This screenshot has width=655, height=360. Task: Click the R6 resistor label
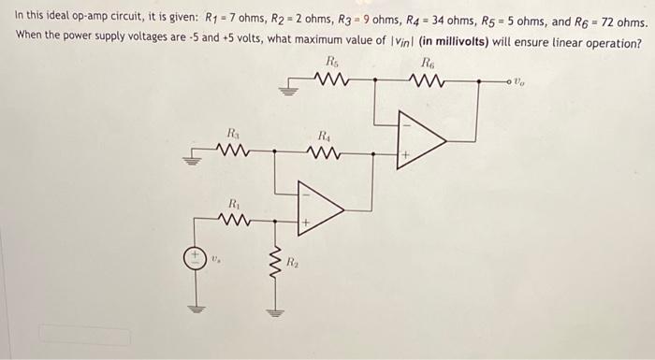429,63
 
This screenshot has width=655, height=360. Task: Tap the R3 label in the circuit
232,132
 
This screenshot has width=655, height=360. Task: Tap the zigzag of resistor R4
325,151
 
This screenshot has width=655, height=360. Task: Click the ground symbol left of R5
289,91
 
